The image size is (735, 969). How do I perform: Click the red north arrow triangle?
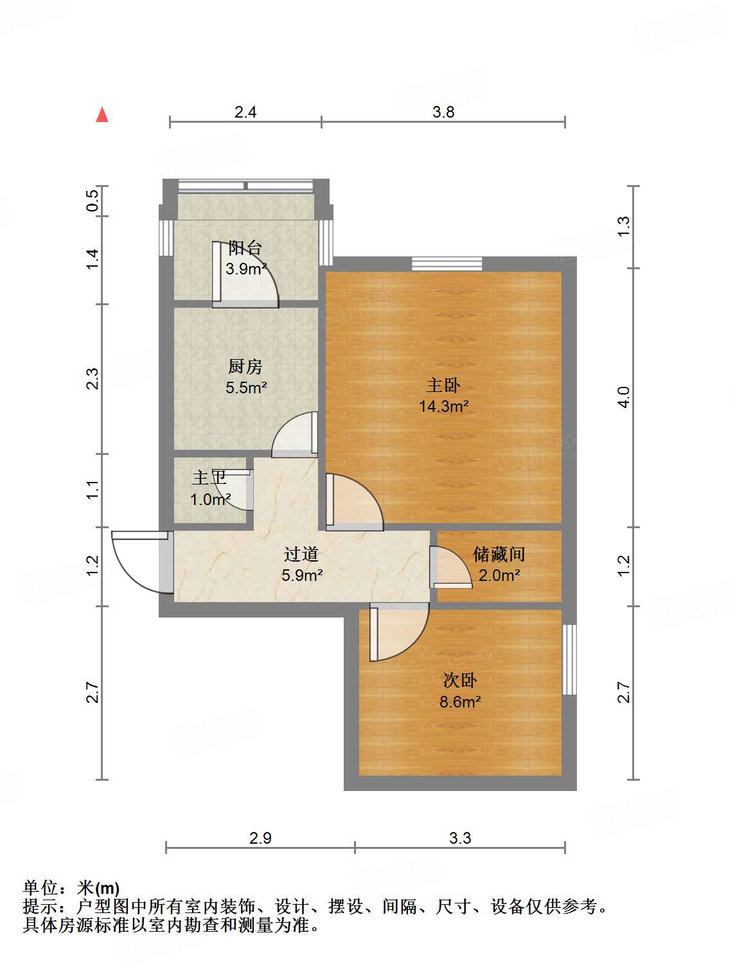coord(102,115)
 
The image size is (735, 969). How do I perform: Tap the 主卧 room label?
coord(443,385)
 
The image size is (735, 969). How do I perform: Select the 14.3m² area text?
coord(443,406)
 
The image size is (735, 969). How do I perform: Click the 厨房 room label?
coord(245,366)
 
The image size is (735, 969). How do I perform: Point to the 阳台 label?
coord(245,247)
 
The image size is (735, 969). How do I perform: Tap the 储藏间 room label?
coord(499,554)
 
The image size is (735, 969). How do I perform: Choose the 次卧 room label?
coord(459,680)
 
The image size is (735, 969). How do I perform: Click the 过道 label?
coord(301,554)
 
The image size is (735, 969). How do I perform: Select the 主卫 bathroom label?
coord(209,478)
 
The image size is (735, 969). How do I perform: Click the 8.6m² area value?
coord(460,702)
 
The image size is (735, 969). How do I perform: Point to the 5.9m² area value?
coord(302,575)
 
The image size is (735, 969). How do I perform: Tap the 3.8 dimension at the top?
coord(443,112)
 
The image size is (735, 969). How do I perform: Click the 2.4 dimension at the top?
coord(245,112)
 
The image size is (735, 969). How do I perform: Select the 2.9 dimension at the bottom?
coord(260,838)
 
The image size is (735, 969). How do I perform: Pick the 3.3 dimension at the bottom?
coord(460,838)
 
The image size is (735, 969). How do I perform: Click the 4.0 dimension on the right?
coord(623,397)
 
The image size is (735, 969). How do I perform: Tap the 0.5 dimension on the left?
coord(93,200)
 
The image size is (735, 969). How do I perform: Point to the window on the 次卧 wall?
coord(569,659)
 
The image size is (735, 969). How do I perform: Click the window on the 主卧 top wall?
coord(446,263)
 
